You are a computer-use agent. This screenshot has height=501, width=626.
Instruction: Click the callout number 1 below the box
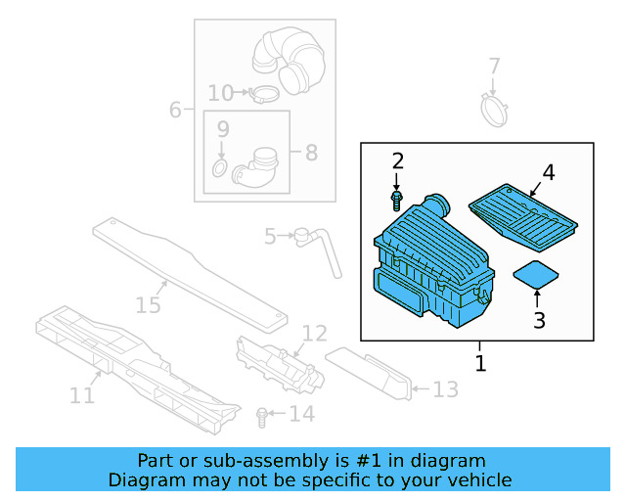479,363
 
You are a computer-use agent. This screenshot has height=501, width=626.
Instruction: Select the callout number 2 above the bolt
397,161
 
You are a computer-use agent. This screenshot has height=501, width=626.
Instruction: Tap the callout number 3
538,319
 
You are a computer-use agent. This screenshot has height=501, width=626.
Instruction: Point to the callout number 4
548,173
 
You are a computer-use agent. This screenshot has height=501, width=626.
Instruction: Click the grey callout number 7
494,67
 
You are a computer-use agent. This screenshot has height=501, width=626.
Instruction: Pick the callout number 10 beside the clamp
220,93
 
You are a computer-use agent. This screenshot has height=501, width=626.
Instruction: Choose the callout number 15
148,305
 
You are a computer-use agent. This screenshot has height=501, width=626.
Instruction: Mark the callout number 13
445,390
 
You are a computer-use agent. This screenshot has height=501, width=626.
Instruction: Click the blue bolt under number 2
397,201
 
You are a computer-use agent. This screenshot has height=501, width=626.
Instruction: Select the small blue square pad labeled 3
536,274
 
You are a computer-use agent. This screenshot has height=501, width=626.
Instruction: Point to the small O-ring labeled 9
220,172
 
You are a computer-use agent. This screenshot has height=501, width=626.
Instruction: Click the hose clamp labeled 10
263,95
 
